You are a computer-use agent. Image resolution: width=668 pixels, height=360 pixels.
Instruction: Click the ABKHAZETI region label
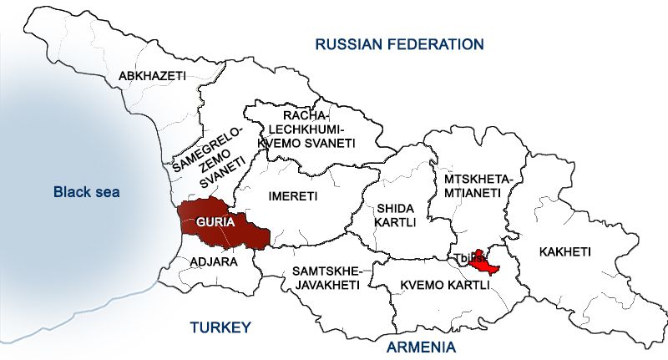[152, 76]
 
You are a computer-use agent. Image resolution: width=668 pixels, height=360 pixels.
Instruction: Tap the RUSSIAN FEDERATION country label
[399, 43]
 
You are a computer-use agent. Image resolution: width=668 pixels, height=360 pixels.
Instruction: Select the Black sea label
[87, 192]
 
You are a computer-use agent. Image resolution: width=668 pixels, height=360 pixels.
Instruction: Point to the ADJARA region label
[214, 261]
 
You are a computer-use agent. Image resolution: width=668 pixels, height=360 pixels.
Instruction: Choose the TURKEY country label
[220, 327]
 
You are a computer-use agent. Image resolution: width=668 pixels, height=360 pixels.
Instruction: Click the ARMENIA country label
[422, 346]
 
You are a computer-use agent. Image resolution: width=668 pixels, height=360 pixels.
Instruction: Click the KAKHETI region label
[565, 251]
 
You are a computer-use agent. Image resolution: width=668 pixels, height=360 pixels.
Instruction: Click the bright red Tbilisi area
[483, 265]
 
